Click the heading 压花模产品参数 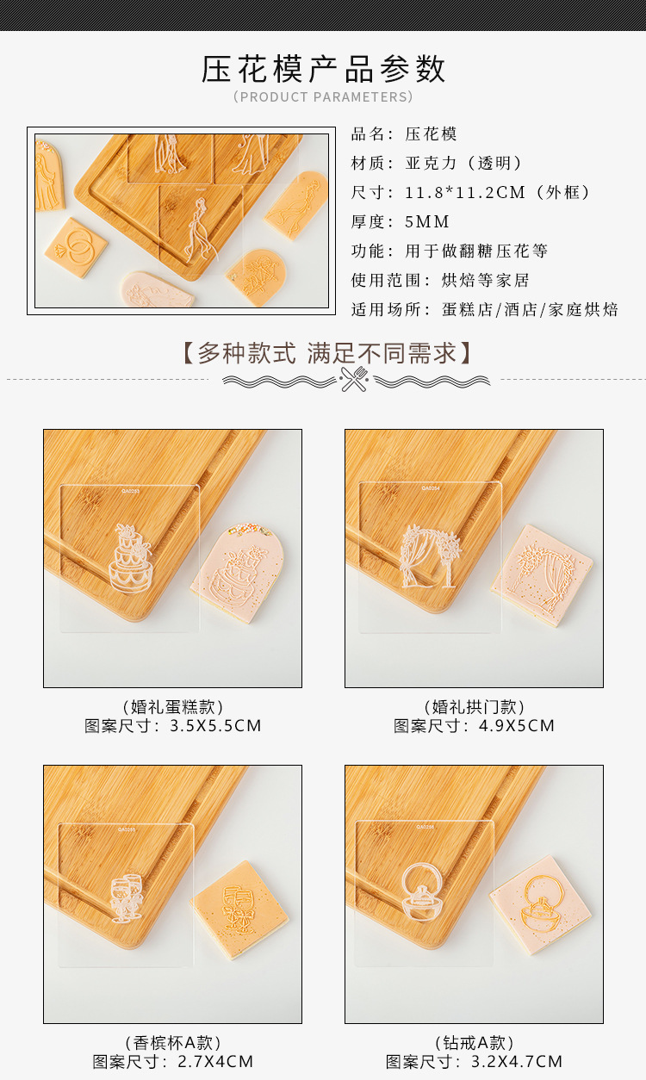coord(323,69)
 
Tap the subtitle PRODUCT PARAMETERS coord(323,97)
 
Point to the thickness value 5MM coord(427,221)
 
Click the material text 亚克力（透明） coord(464,163)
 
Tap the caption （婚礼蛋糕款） coord(172,707)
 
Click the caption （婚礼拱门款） coord(474,707)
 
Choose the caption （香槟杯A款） coord(172,1043)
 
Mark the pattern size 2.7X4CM coord(215,1062)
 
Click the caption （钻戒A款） coord(474,1043)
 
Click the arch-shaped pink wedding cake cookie coord(237,573)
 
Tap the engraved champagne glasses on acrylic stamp coord(126,898)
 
